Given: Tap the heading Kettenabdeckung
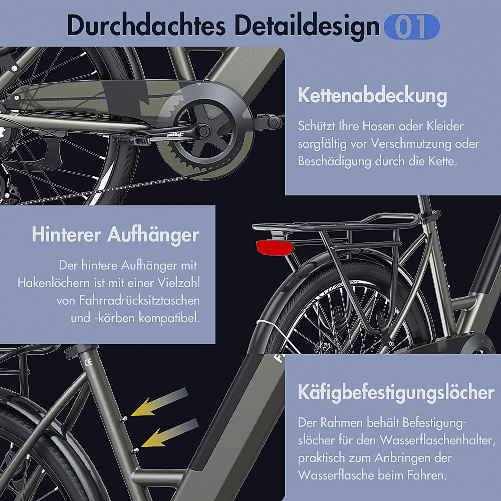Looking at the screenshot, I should coord(372,95).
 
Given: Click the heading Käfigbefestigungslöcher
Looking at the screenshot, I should coord(396,392).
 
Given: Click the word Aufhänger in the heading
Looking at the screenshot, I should coord(153,234).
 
